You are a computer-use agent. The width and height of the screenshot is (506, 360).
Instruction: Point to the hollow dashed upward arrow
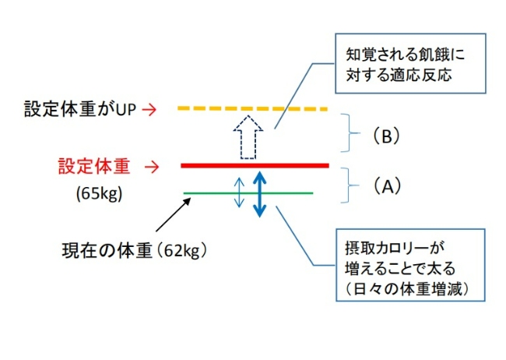click(x=247, y=137)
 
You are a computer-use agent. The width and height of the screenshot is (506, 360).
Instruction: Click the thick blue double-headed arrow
click(x=262, y=193)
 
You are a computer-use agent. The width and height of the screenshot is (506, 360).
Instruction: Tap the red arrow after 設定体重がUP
click(x=152, y=110)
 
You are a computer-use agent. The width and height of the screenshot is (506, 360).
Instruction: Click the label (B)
click(x=385, y=136)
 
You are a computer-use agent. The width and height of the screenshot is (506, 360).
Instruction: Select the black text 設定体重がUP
click(x=79, y=110)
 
